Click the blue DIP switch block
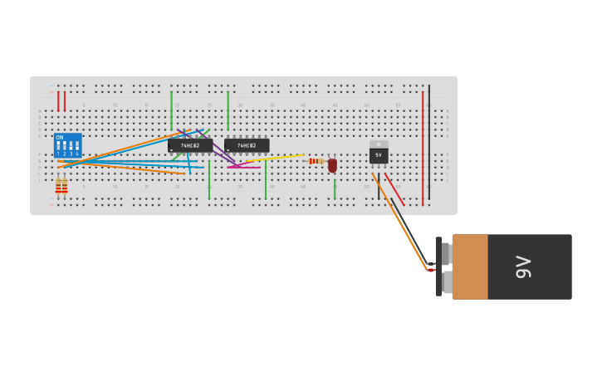(x=67, y=145)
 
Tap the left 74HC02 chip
(x=189, y=145)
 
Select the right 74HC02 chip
(x=247, y=145)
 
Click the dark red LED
(x=332, y=165)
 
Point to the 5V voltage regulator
(x=379, y=154)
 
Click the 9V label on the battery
(x=523, y=266)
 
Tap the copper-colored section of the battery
(x=470, y=266)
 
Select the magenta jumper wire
(x=244, y=167)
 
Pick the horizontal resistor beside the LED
(x=315, y=161)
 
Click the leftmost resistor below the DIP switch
(x=58, y=187)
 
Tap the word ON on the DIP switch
(x=60, y=137)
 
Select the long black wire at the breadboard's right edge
(x=429, y=141)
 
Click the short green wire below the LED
(x=335, y=188)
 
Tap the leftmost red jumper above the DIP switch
(x=58, y=101)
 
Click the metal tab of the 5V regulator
(x=379, y=144)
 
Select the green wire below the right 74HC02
(x=266, y=178)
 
